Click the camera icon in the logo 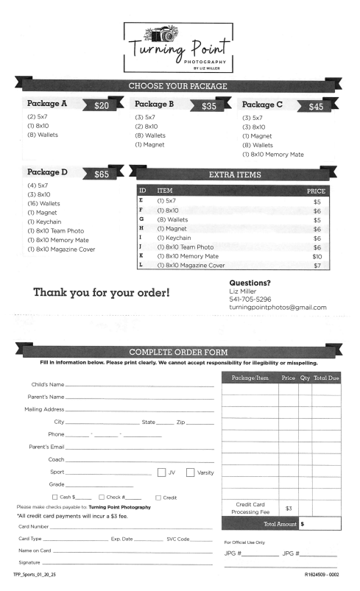click(163, 34)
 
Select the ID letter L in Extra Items click(141, 265)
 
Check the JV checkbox click(162, 472)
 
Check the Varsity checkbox click(191, 472)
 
